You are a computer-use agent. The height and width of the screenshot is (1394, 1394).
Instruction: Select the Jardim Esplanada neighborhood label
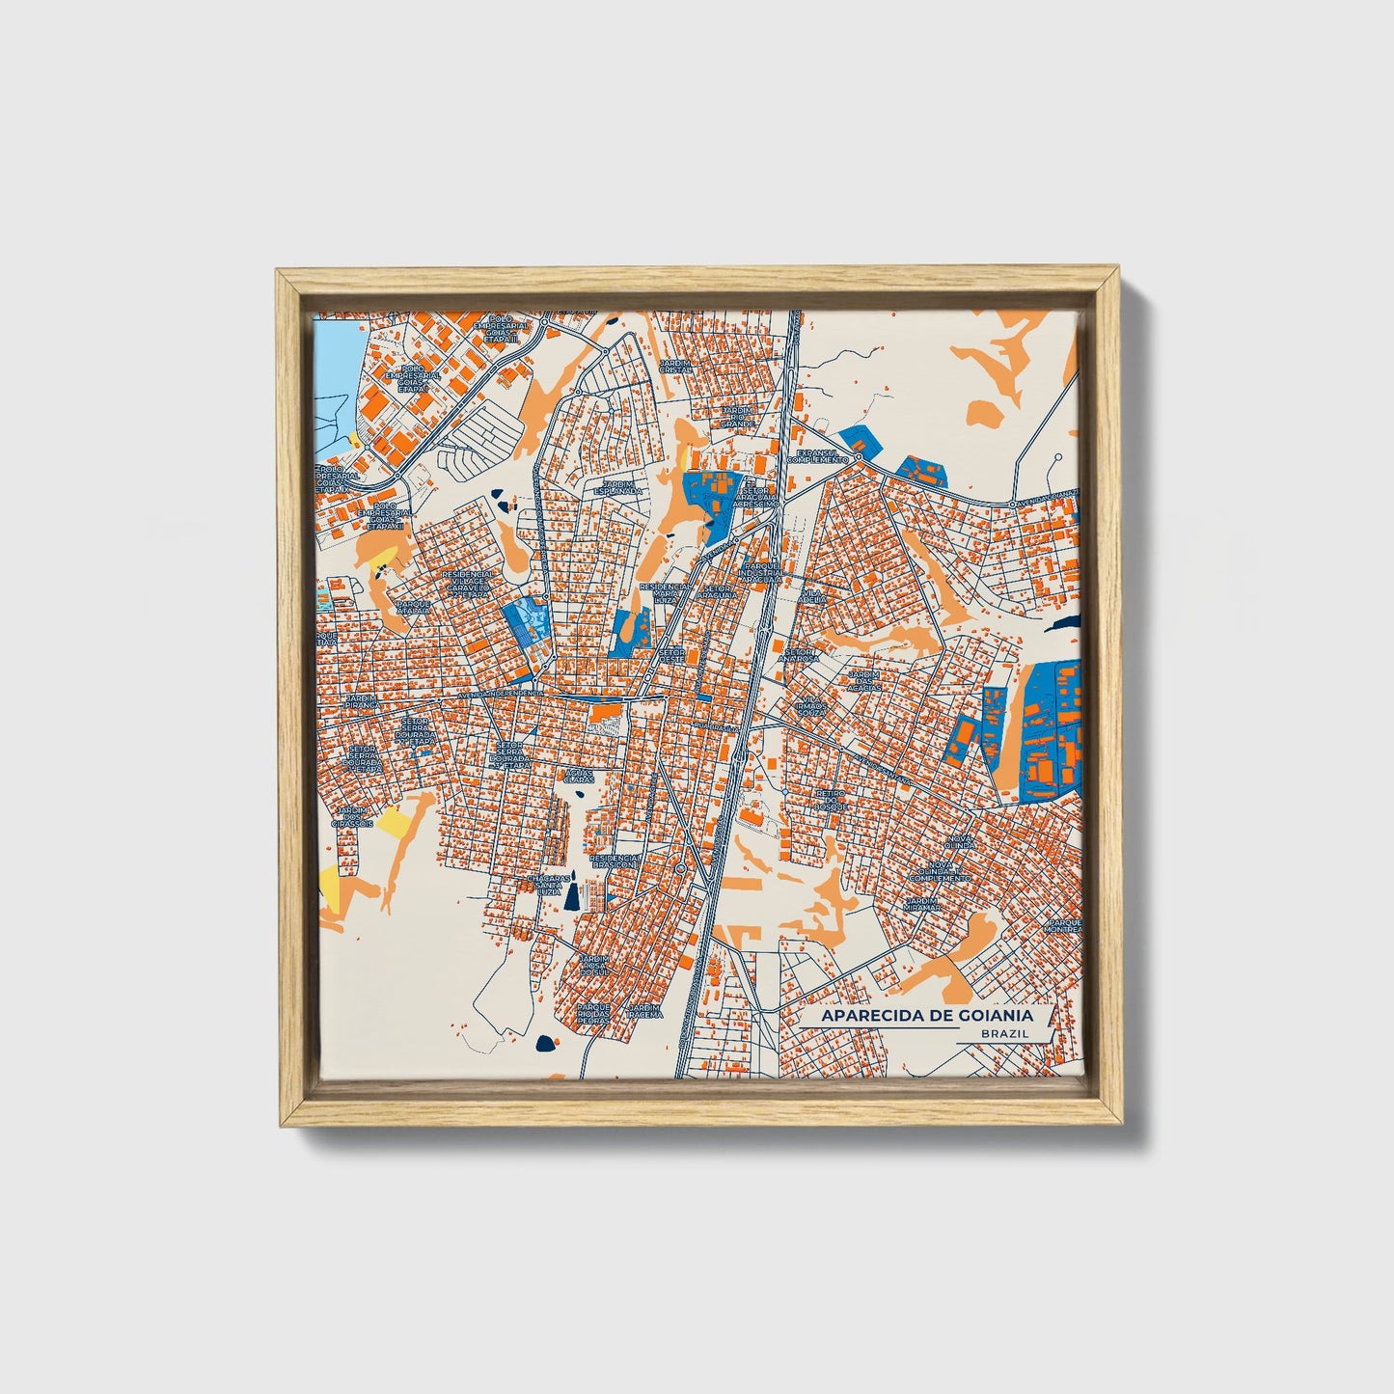tap(621, 487)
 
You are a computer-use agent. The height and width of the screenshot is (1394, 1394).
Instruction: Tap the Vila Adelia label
tap(812, 597)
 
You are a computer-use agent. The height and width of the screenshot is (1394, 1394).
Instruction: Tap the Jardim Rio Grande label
tap(738, 416)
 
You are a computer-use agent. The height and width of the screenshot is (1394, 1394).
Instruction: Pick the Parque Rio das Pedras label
tap(594, 1014)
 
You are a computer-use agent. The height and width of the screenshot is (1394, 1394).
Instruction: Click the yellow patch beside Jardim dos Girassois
tap(394, 822)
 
